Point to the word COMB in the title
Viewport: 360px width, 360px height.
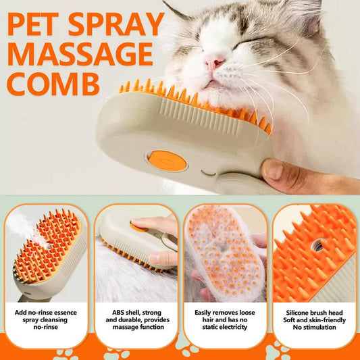coord(54,83)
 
